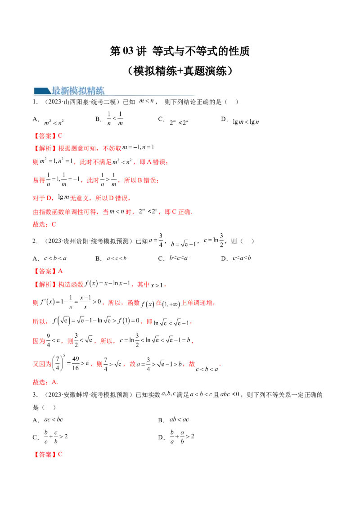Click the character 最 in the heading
[56, 90]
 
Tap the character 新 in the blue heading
[66, 90]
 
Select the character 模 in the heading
[76, 90]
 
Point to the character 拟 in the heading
[86, 90]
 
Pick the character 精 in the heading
[96, 90]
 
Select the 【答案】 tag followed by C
[43, 135]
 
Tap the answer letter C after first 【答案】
[61, 135]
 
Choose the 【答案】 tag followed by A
[43, 271]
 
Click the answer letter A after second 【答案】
[61, 271]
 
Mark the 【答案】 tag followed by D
[43, 455]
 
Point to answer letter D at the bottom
[61, 455]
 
